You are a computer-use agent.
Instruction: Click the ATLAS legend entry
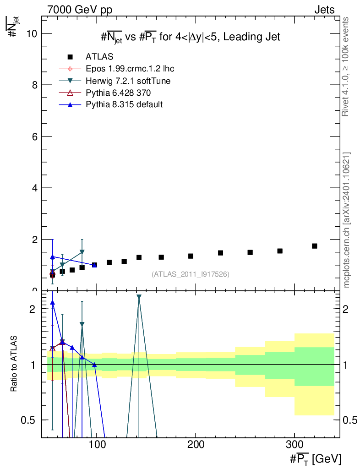pos(99,57)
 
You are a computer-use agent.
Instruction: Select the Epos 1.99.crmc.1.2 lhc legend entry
pos(130,69)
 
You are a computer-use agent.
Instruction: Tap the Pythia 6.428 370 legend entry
pos(118,93)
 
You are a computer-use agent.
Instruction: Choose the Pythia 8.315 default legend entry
pos(124,104)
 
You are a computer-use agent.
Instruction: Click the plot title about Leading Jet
pos(190,37)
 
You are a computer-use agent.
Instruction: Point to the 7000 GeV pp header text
pos(80,10)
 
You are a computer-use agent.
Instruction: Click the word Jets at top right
pos(324,10)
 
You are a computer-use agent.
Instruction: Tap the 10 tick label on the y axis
pos(32,33)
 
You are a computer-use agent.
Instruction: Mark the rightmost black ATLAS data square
pos(315,246)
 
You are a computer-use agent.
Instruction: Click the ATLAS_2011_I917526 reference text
pos(190,274)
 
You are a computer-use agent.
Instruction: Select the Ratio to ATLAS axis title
pos(14,364)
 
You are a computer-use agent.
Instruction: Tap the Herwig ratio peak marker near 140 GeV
pos(139,297)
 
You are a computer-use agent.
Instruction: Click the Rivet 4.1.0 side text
pos(346,66)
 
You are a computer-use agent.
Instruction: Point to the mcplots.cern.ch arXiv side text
pos(347,220)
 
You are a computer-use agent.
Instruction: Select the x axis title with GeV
pos(315,458)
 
